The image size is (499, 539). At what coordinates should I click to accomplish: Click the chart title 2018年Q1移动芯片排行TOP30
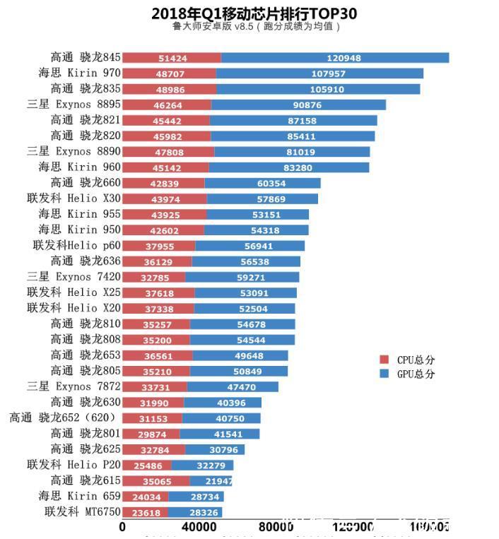pyautogui.click(x=254, y=13)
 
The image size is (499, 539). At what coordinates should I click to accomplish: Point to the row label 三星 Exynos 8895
pyautogui.click(x=74, y=105)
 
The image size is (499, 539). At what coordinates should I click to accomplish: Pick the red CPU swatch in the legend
pyautogui.click(x=384, y=359)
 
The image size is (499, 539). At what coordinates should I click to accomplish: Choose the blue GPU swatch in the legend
pyautogui.click(x=384, y=374)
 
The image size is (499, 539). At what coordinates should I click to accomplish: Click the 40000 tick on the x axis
pyautogui.click(x=199, y=526)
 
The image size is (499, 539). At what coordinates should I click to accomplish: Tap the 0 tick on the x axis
pyautogui.click(x=123, y=526)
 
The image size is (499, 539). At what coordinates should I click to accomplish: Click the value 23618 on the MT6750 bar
pyautogui.click(x=144, y=512)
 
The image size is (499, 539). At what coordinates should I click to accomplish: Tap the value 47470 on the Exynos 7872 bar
pyautogui.click(x=233, y=387)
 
